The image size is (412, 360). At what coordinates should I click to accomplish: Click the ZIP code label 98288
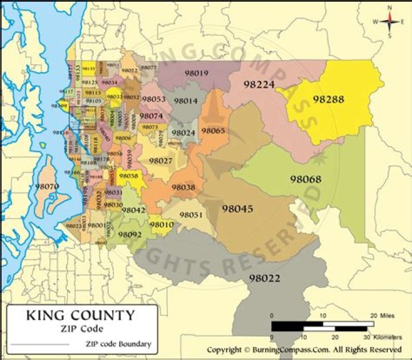click(x=328, y=99)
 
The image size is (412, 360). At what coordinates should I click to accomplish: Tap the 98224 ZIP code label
click(x=259, y=84)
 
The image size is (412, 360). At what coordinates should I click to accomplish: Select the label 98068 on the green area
click(x=306, y=179)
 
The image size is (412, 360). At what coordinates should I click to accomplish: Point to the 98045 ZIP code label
click(x=237, y=209)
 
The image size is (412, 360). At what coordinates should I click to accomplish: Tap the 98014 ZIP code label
click(x=185, y=101)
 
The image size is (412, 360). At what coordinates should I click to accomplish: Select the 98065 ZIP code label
click(x=213, y=130)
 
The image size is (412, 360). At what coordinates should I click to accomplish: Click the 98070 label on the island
click(x=46, y=186)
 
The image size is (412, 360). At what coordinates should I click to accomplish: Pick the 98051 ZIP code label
click(x=191, y=215)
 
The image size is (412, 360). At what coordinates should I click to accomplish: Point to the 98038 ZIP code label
click(x=183, y=187)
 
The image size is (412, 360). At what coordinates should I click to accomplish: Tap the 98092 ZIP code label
click(x=130, y=234)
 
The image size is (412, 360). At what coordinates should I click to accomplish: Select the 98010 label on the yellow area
click(x=161, y=225)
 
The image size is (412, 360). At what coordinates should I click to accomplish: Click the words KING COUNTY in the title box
click(x=80, y=315)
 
